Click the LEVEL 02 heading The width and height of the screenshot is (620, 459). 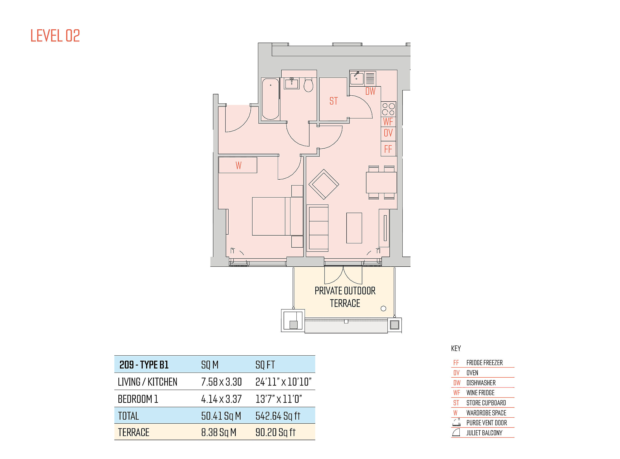click(55, 36)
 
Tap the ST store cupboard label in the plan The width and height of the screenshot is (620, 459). click(333, 101)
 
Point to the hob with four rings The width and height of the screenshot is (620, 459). click(388, 109)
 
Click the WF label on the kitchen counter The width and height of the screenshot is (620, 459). click(388, 122)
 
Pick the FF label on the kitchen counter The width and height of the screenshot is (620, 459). click(388, 149)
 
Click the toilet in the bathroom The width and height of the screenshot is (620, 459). click(308, 85)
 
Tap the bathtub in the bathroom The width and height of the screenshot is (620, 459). click(270, 99)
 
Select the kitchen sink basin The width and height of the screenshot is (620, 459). click(357, 78)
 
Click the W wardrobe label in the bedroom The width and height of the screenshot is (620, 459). click(239, 165)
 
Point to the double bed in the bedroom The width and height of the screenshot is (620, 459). click(277, 216)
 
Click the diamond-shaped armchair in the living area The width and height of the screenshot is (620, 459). click(324, 184)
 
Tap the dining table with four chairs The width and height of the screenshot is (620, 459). click(381, 183)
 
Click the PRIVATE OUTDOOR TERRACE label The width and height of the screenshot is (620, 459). click(345, 297)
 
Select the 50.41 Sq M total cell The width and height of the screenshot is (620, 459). click(221, 416)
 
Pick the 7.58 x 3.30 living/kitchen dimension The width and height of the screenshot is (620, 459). click(221, 382)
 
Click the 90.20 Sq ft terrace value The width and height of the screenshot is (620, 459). click(275, 432)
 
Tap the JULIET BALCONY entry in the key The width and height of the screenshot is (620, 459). click(484, 433)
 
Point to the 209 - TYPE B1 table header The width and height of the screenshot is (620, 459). click(144, 365)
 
